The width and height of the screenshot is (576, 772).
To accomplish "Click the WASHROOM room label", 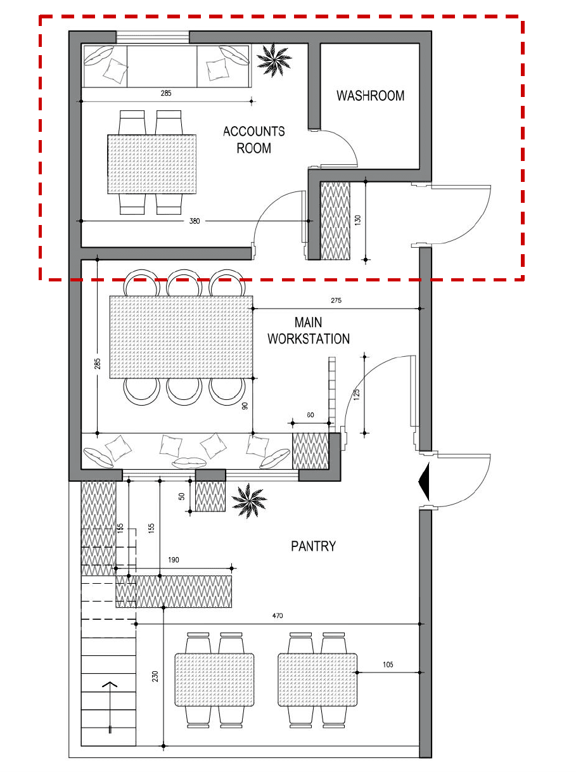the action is (x=370, y=96).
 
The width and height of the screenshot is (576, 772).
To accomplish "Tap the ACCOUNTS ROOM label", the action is (x=253, y=139).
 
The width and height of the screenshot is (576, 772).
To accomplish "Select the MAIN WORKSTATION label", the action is (x=308, y=331).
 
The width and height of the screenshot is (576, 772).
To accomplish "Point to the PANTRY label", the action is (x=313, y=546).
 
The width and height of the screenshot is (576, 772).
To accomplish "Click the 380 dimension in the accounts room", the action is (x=195, y=221).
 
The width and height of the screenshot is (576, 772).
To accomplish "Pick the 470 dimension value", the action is (x=278, y=615).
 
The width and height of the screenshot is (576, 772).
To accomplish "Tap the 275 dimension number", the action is (x=336, y=300).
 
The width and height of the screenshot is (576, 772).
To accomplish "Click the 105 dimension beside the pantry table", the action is (x=388, y=664).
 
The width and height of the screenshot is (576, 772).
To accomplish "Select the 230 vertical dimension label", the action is (x=155, y=676).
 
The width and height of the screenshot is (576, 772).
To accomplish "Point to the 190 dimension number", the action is (x=175, y=560).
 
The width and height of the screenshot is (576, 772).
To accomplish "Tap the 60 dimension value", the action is (x=310, y=415).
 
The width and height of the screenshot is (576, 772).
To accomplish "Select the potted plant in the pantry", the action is (x=248, y=501).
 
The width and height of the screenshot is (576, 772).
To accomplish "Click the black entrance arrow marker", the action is (x=425, y=481).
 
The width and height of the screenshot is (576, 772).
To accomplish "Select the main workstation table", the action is (x=181, y=337).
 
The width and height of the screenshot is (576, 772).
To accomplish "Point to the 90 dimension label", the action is (x=244, y=406).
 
